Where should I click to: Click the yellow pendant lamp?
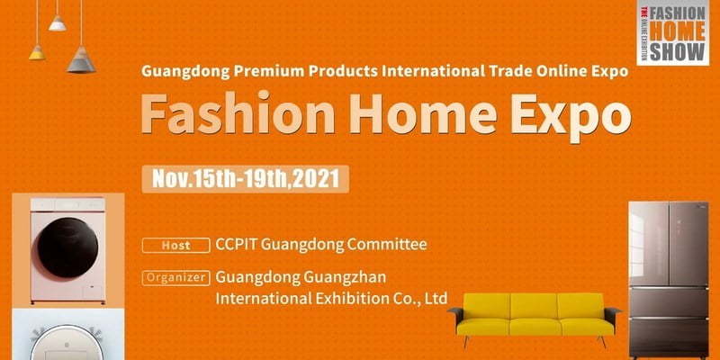coord(37,52)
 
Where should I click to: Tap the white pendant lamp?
coord(58,23)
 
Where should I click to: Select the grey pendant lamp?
coord(81,59)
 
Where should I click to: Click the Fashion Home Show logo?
coord(672,32)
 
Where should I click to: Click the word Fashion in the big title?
coord(238,112)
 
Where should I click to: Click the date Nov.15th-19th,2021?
coord(245,179)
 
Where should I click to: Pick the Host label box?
coord(175,245)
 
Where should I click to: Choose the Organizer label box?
coord(175,278)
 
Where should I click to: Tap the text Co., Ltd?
coord(418,299)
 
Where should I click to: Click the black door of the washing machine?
coord(67,247)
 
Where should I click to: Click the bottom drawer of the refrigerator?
coord(669,337)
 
